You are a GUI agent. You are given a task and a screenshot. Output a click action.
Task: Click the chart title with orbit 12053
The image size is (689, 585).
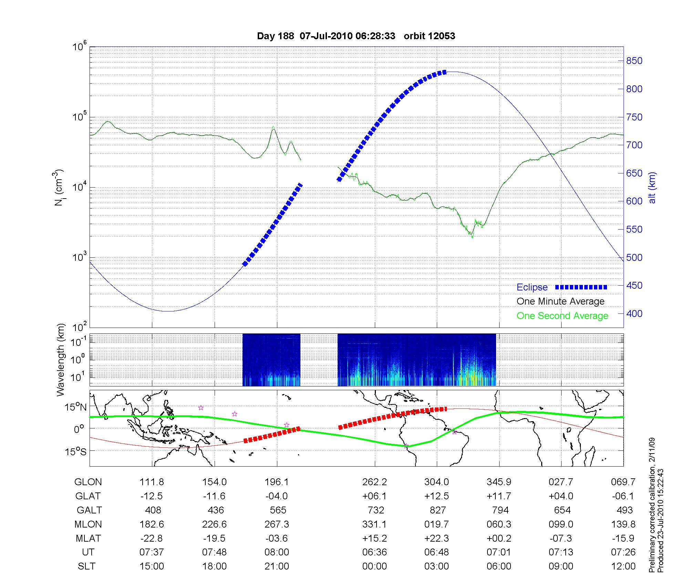pyautogui.click(x=356, y=36)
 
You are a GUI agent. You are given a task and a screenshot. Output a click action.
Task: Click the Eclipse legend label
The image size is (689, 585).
pyautogui.click(x=532, y=287)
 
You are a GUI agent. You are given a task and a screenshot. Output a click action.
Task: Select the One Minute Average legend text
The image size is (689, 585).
pyautogui.click(x=561, y=301)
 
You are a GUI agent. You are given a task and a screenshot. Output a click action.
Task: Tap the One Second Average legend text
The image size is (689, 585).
pyautogui.click(x=562, y=316)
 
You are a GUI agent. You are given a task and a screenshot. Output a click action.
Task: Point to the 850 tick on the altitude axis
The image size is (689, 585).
pyautogui.click(x=634, y=61)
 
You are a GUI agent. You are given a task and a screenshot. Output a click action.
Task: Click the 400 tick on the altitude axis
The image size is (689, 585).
pyautogui.click(x=634, y=313)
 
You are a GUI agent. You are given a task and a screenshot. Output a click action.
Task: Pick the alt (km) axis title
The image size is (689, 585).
pyautogui.click(x=652, y=188)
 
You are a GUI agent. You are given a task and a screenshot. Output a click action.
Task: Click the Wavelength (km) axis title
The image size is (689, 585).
pyautogui.click(x=61, y=360)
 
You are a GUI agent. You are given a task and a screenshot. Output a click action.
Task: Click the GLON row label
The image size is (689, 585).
pyautogui.click(x=88, y=482)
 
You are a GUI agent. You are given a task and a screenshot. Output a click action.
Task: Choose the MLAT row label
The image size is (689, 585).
pyautogui.click(x=88, y=538)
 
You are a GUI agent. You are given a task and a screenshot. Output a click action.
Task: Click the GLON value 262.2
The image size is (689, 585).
pyautogui.click(x=374, y=482)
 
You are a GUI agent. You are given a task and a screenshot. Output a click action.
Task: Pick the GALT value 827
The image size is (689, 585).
pyautogui.click(x=438, y=510)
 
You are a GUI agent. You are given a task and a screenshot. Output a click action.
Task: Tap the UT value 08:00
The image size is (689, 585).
pyautogui.click(x=277, y=552)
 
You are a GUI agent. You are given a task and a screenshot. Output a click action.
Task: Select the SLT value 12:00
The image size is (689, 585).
pyautogui.click(x=623, y=566)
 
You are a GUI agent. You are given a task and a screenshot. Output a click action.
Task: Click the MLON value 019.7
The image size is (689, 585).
pyautogui.click(x=436, y=524)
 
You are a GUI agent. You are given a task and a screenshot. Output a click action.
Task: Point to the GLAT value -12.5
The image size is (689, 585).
pyautogui.click(x=152, y=496)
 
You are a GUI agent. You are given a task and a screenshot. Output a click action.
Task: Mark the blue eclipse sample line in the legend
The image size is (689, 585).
pyautogui.click(x=581, y=287)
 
